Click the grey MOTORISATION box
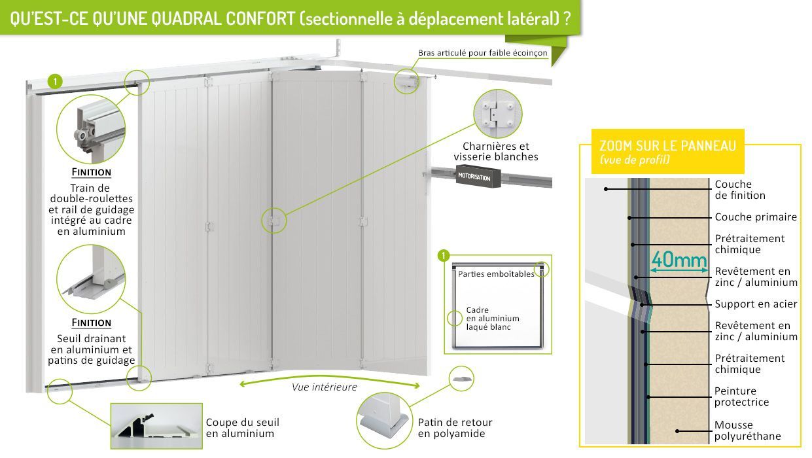point(479,177)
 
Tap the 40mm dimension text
point(679,260)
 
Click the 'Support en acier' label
point(756,304)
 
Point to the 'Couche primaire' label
point(756,217)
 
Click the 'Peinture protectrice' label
point(741,396)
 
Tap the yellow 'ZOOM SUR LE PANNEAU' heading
point(667,146)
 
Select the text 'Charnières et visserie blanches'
point(495,152)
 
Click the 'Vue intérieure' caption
point(325,387)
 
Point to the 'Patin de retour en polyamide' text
point(455,428)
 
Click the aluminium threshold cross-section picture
point(156,425)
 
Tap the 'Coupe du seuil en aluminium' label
point(240,428)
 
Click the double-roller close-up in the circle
point(91,128)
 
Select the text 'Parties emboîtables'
point(496,274)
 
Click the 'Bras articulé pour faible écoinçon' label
point(482,53)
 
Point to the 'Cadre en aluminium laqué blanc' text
point(493,318)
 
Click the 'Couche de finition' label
point(739,190)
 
